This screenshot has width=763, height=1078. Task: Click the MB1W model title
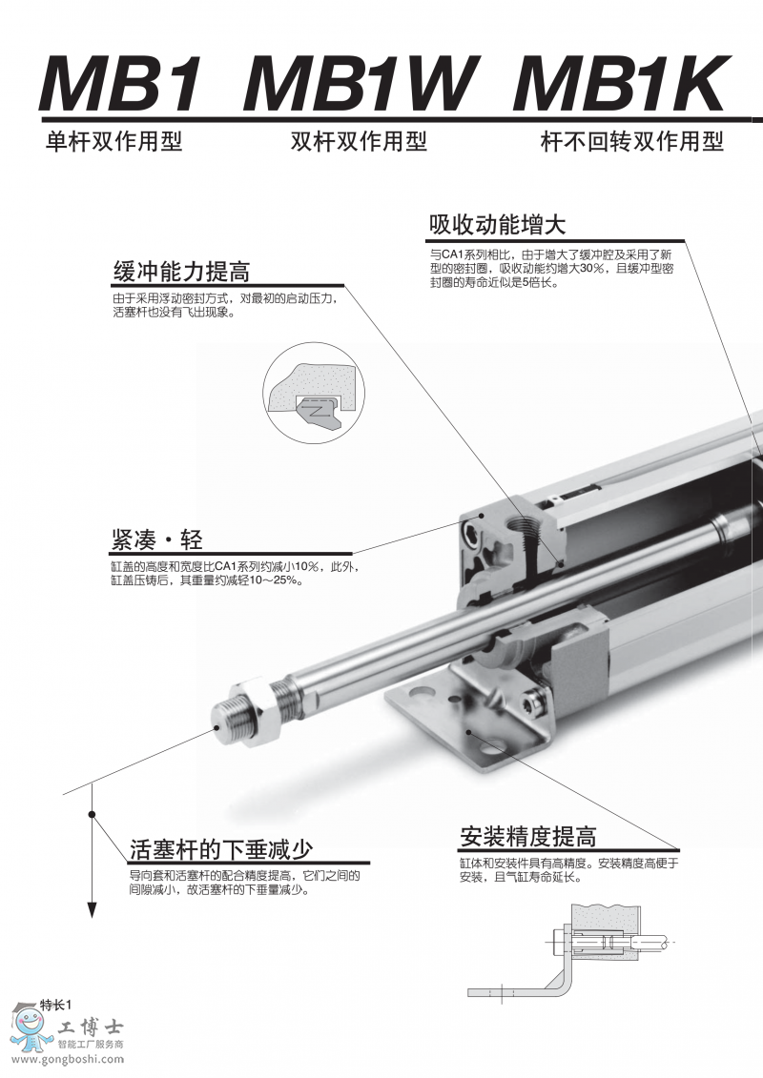[359, 83]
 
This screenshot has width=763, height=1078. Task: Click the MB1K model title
[619, 83]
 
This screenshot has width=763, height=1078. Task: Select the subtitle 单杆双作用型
[114, 142]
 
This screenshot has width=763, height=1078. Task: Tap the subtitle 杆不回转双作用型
[632, 142]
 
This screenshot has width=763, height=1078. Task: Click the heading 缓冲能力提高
[181, 272]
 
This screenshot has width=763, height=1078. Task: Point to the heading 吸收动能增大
[498, 225]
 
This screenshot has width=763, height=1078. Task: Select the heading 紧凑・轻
[156, 539]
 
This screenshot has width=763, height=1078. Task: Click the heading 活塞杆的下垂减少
[221, 850]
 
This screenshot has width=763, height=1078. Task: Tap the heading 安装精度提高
[528, 837]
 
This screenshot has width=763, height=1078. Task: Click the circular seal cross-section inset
[315, 393]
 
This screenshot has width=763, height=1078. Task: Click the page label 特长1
[55, 1005]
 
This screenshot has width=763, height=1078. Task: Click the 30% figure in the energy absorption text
[591, 268]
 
